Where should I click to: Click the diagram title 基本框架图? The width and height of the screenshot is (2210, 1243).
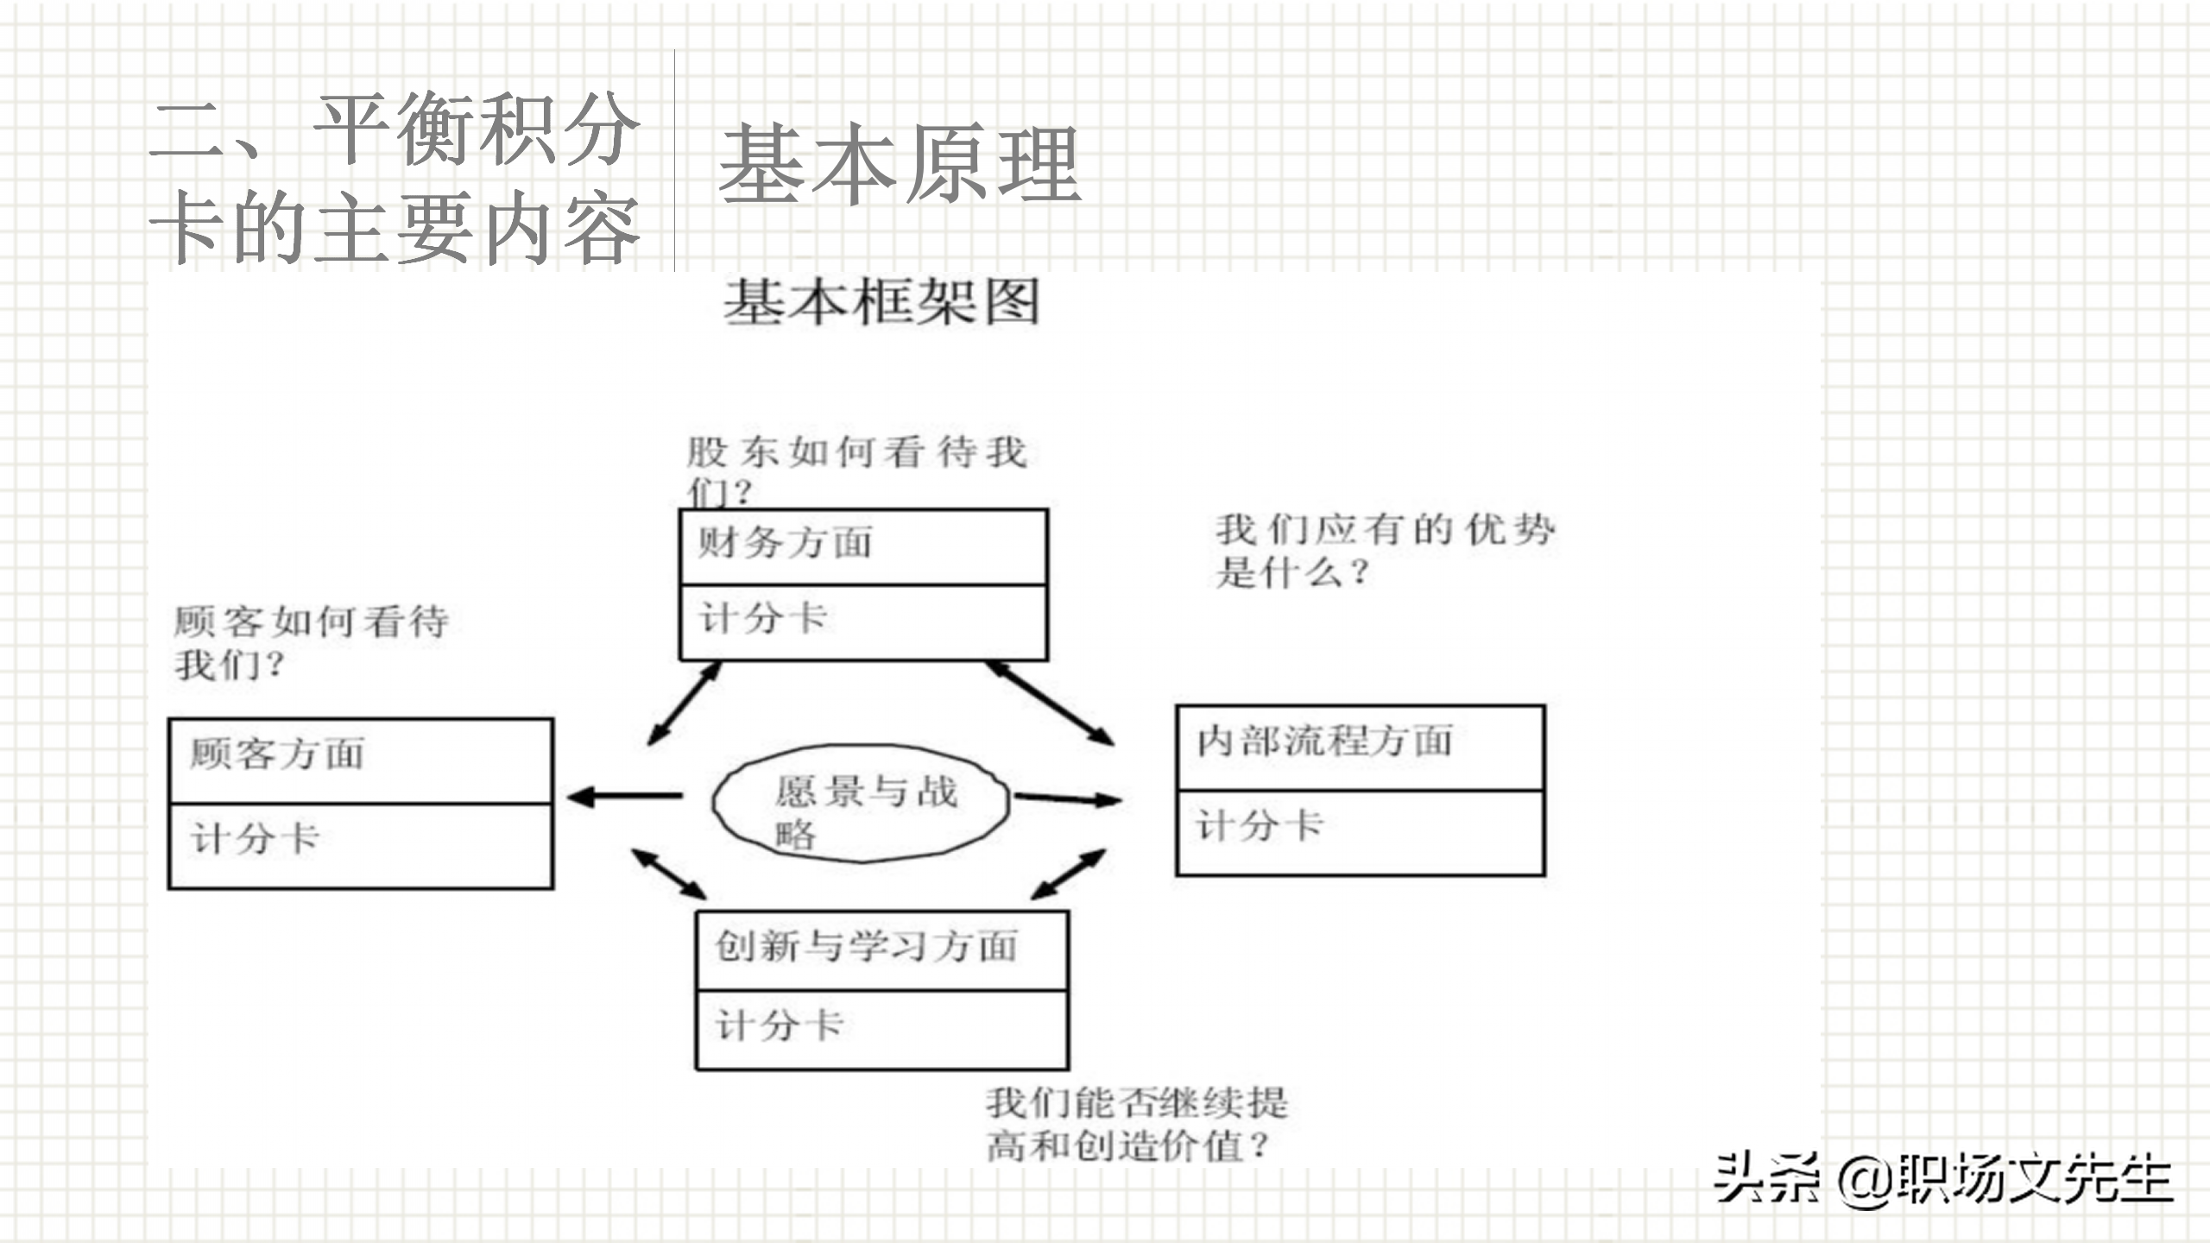(881, 302)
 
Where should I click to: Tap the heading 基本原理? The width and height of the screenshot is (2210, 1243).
(899, 164)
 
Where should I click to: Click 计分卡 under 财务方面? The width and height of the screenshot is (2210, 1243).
(763, 619)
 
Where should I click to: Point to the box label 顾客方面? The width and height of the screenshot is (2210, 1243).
(277, 754)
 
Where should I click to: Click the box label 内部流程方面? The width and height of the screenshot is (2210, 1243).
(1324, 741)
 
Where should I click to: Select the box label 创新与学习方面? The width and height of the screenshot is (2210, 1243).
(866, 947)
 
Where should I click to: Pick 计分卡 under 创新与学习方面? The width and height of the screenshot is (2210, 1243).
(780, 1026)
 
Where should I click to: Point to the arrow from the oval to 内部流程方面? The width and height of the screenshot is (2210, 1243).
(1067, 799)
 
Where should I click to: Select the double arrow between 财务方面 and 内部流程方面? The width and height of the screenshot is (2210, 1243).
(1050, 703)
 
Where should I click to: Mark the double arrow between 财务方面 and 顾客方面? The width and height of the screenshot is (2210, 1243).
(684, 703)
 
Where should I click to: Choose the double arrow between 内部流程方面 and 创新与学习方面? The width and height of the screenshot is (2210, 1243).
(1069, 874)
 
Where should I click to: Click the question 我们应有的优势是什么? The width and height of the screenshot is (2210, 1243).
(1385, 551)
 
